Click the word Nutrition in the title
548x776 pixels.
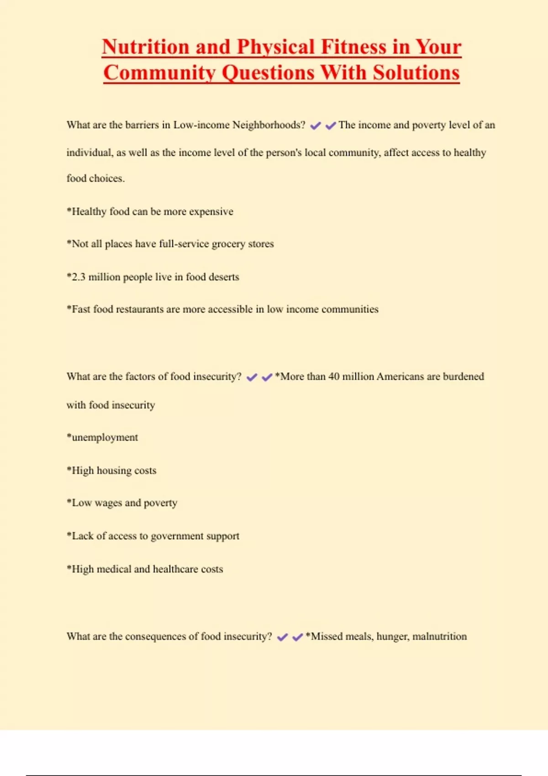[x=145, y=47]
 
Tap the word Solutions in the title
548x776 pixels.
[x=416, y=73]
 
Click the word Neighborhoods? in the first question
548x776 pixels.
[x=269, y=125]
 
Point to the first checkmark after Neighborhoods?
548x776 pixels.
[x=316, y=126]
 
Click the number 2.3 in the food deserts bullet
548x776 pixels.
[x=78, y=277]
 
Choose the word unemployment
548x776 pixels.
[x=105, y=437]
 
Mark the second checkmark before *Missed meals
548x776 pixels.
[x=298, y=637]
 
